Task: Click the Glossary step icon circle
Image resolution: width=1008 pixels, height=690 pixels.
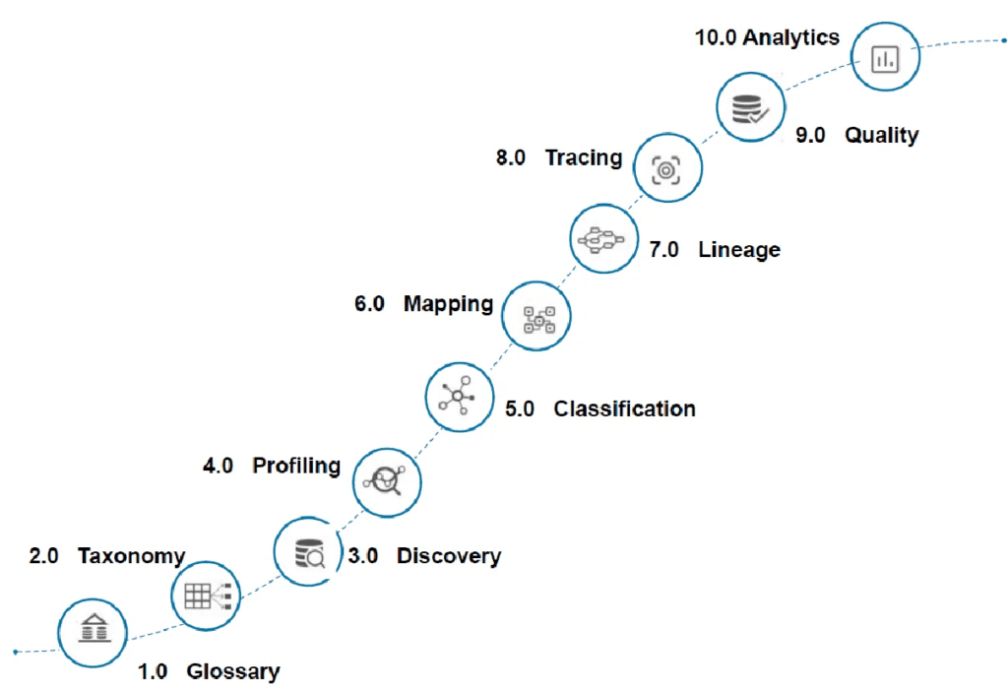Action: pyautogui.click(x=93, y=633)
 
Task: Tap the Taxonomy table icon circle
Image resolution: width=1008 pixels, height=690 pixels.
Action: pyautogui.click(x=206, y=596)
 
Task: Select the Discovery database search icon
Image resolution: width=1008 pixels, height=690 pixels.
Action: pyautogui.click(x=308, y=552)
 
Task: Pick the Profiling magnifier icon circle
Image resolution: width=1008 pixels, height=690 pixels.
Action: pyautogui.click(x=387, y=482)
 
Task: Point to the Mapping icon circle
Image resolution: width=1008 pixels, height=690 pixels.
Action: pyautogui.click(x=536, y=316)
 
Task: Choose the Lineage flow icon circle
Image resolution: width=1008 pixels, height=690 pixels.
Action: pyautogui.click(x=604, y=238)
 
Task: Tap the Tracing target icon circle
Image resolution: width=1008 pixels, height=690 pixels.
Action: pyautogui.click(x=668, y=168)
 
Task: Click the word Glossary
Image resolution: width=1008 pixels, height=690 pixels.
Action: pyautogui.click(x=233, y=672)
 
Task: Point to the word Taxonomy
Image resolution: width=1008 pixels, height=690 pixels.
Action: pyautogui.click(x=132, y=556)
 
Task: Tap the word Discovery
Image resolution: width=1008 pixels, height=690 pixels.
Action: pyautogui.click(x=449, y=556)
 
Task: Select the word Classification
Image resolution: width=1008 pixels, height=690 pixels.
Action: pyautogui.click(x=625, y=409)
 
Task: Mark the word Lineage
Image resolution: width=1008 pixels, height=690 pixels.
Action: pyautogui.click(x=739, y=249)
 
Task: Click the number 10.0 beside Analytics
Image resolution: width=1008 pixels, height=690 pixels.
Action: pyautogui.click(x=716, y=38)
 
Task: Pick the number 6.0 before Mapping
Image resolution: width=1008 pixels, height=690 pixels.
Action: pyautogui.click(x=370, y=303)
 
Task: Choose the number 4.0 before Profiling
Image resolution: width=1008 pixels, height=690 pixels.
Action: pyautogui.click(x=218, y=466)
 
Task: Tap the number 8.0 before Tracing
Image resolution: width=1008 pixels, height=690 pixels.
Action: pyautogui.click(x=511, y=157)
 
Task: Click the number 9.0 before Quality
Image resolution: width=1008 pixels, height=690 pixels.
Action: pyautogui.click(x=811, y=136)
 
